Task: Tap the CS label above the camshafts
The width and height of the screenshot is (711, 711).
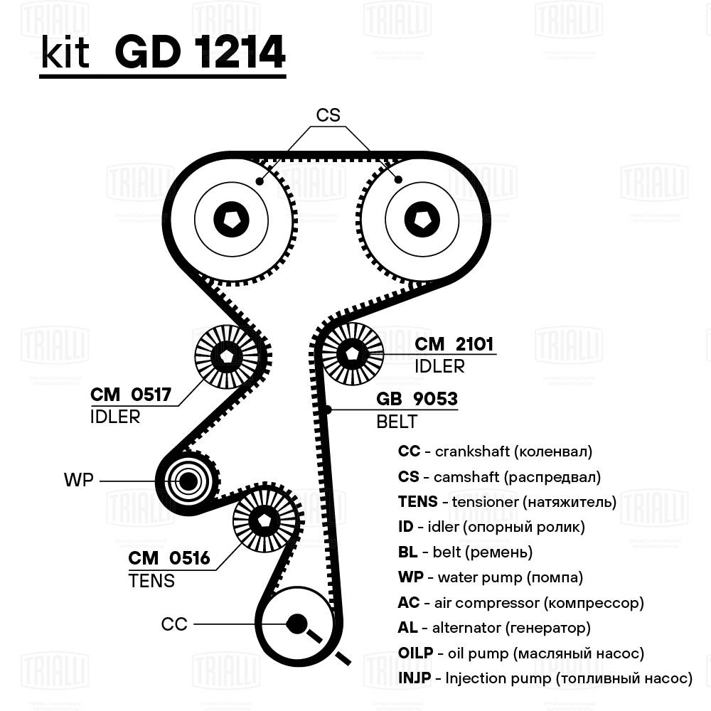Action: pyautogui.click(x=328, y=115)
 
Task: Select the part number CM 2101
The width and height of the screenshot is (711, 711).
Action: pyautogui.click(x=454, y=345)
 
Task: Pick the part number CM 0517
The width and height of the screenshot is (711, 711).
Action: pyautogui.click(x=131, y=395)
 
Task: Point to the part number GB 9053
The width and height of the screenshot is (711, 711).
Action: pyautogui.click(x=417, y=400)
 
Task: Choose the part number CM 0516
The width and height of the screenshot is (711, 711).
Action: pyautogui.click(x=169, y=559)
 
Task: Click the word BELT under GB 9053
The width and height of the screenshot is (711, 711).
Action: pyautogui.click(x=397, y=422)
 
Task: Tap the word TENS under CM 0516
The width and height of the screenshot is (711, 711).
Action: pyautogui.click(x=151, y=581)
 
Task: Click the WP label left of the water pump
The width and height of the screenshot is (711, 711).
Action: pyautogui.click(x=78, y=480)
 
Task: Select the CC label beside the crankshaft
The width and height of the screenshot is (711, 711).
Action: pyautogui.click(x=174, y=624)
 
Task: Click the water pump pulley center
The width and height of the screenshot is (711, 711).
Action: pyautogui.click(x=188, y=481)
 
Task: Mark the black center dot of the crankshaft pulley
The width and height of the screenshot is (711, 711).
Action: pyautogui.click(x=296, y=624)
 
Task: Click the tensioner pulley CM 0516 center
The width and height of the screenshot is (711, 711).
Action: pyautogui.click(x=264, y=520)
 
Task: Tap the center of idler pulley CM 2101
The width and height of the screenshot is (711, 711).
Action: pyautogui.click(x=353, y=352)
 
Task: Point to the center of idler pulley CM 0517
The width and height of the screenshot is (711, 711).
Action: pyautogui.click(x=227, y=355)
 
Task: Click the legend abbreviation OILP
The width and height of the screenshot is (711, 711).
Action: pyautogui.click(x=415, y=653)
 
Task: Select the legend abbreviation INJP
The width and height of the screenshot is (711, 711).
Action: pyautogui.click(x=415, y=678)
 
